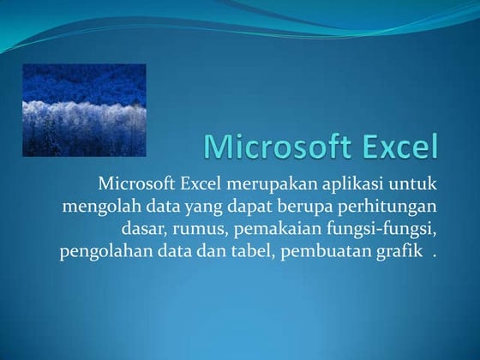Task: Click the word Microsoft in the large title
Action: point(276,147)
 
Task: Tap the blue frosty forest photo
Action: point(84,110)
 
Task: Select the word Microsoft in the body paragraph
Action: point(136,184)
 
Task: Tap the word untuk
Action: point(413,184)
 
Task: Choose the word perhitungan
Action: point(386,208)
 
